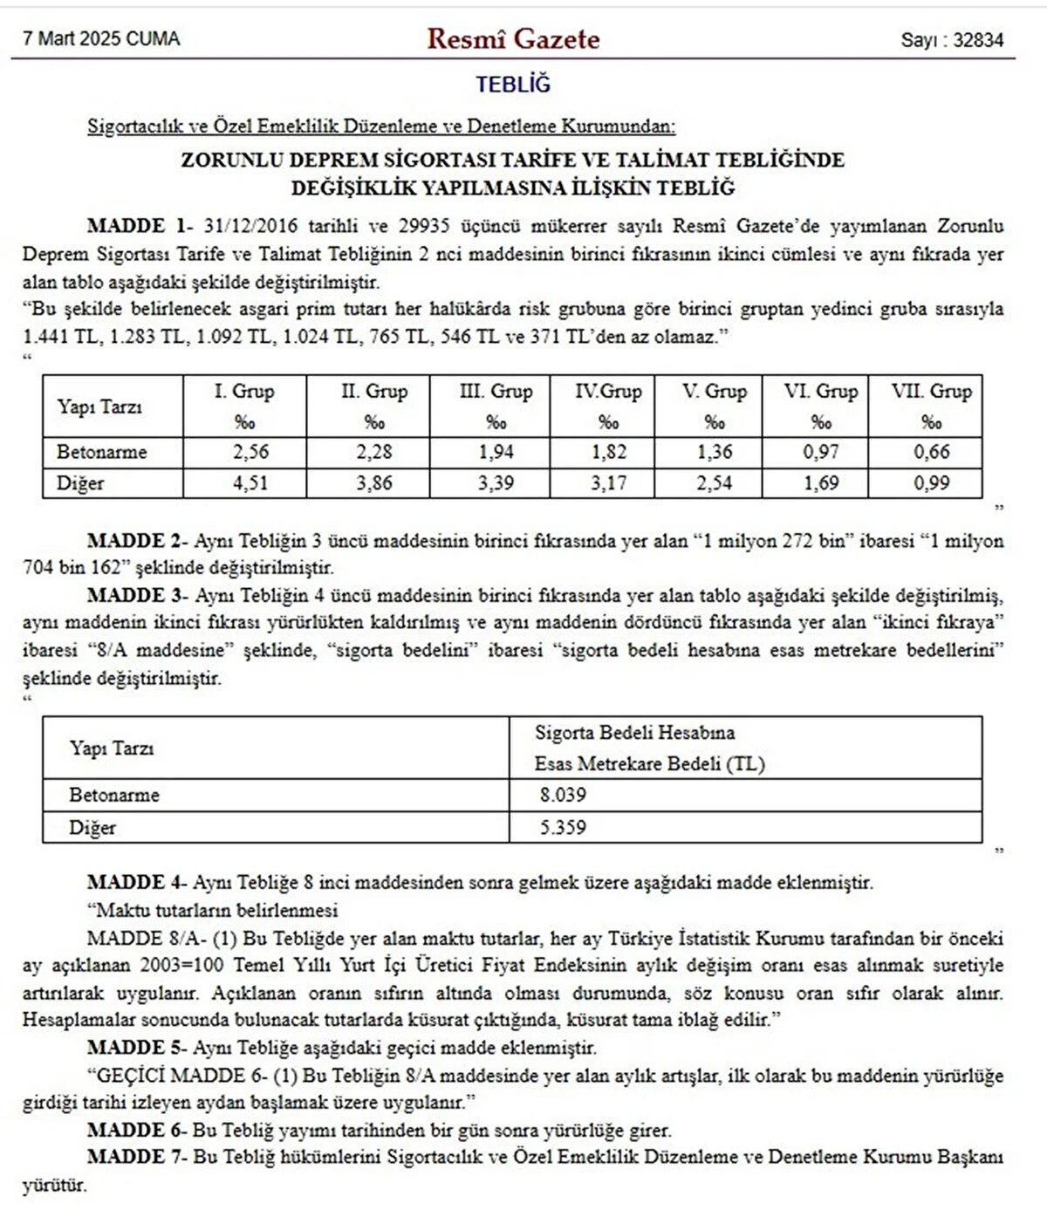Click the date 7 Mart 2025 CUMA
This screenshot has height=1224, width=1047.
point(101,39)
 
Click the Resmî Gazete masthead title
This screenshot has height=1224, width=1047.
point(513,39)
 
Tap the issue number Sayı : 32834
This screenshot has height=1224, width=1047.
point(952,40)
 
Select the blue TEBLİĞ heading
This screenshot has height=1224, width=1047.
point(513,85)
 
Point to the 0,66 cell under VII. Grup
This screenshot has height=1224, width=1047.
point(931,452)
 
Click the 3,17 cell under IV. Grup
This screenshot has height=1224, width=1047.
point(608,483)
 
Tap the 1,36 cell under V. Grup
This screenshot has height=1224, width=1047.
point(714,452)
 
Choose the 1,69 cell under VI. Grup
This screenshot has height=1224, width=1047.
point(820,483)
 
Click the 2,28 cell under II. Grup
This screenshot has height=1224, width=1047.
point(374,452)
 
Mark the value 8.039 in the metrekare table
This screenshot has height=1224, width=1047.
point(563,795)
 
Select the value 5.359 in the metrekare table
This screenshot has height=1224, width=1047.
point(563,827)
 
